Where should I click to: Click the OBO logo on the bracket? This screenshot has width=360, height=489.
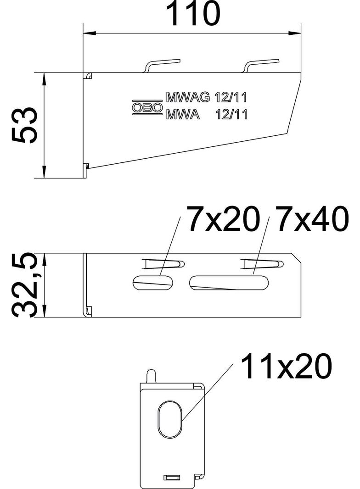pos(147,107)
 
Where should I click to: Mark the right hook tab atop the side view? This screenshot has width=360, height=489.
pos(262,65)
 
